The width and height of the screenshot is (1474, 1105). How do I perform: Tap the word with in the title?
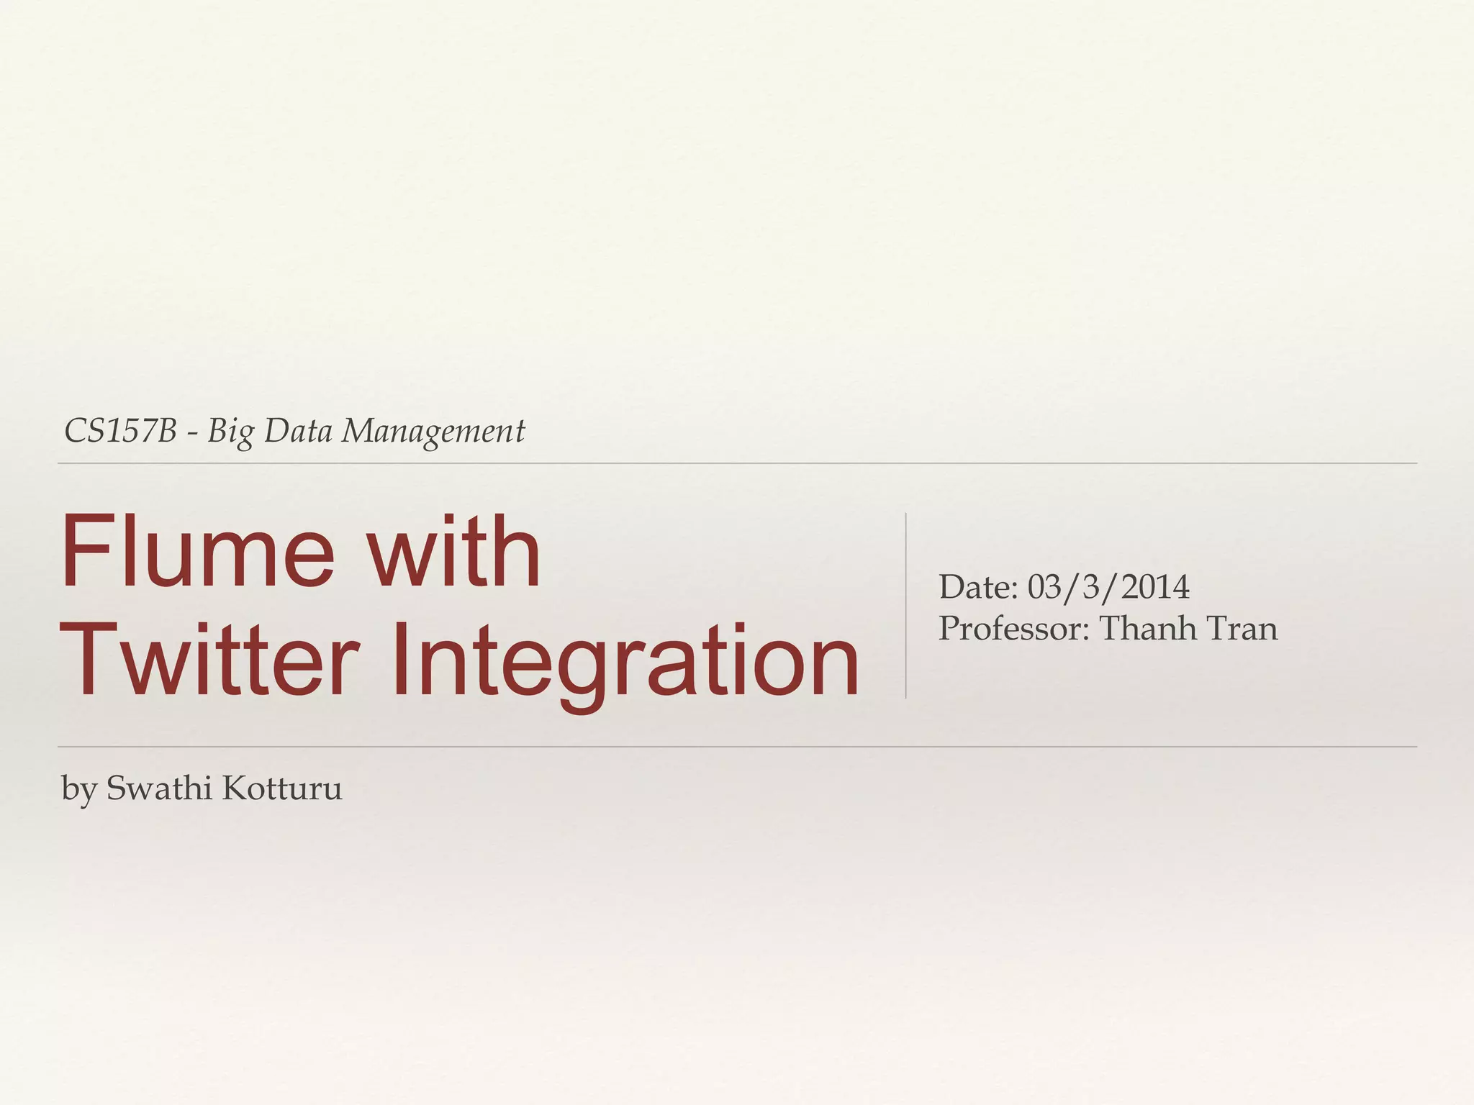(454, 551)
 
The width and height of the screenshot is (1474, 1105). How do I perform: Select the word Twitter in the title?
(209, 660)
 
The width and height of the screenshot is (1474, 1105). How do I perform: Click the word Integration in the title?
(625, 660)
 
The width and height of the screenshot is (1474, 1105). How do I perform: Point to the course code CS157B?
(120, 431)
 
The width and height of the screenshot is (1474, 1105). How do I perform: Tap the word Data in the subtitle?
(298, 431)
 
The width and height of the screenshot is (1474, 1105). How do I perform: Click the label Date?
(978, 587)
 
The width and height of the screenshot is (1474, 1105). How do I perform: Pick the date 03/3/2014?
(1108, 587)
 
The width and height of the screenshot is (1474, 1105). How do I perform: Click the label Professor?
(1015, 628)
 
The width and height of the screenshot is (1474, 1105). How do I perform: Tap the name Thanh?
(1147, 628)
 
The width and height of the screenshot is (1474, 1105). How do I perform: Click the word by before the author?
(78, 789)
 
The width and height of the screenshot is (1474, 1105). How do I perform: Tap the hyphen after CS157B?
(192, 433)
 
